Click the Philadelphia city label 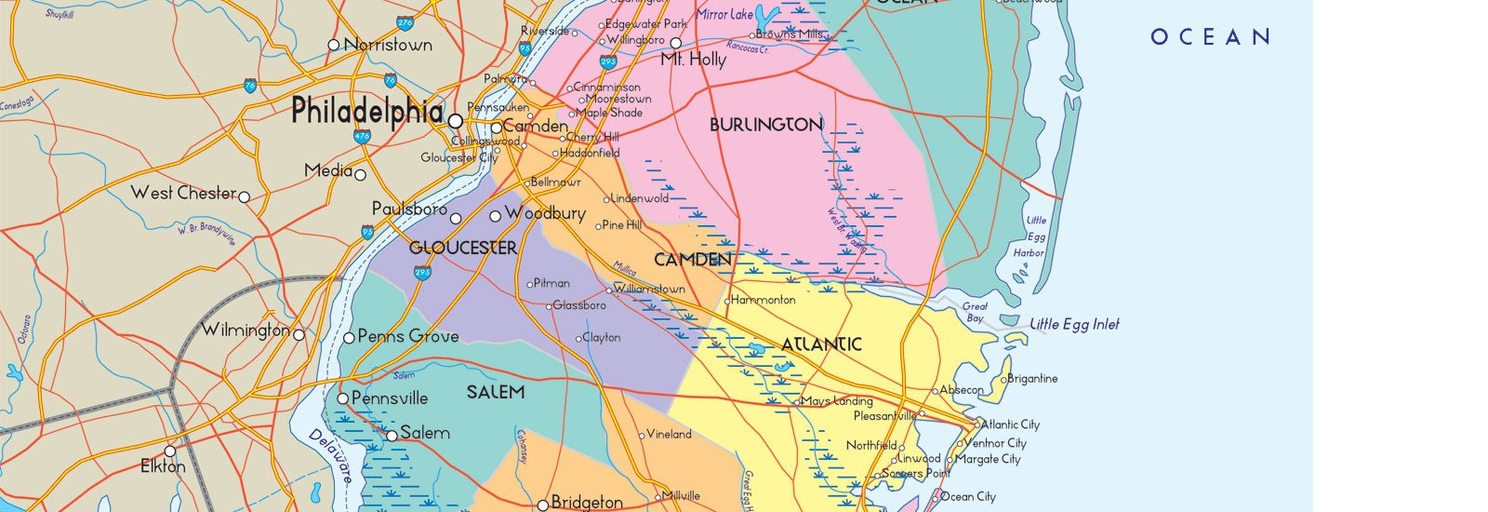click(366, 112)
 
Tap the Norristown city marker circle click(334, 45)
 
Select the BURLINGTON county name click(765, 125)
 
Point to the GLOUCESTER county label click(463, 248)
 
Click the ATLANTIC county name click(820, 344)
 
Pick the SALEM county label click(495, 392)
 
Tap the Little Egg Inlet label click(1074, 324)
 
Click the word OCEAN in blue click(1210, 37)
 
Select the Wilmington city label click(246, 330)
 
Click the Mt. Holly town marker click(676, 43)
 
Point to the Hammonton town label click(764, 300)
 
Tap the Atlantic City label click(1011, 424)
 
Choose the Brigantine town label click(1032, 379)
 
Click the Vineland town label click(669, 434)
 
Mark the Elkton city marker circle click(170, 451)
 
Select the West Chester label click(183, 193)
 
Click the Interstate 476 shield click(362, 136)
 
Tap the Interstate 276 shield click(405, 22)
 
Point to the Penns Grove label click(407, 336)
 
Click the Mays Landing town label click(836, 401)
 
